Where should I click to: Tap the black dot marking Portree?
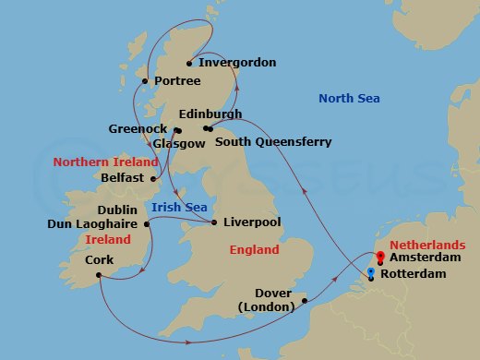(145, 81)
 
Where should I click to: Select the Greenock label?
(138, 129)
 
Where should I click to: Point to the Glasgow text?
(179, 144)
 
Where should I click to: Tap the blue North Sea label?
(350, 99)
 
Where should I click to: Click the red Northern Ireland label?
(102, 162)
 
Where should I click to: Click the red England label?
(256, 250)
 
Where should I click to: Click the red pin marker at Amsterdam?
(379, 258)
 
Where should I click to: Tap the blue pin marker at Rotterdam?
(371, 271)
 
